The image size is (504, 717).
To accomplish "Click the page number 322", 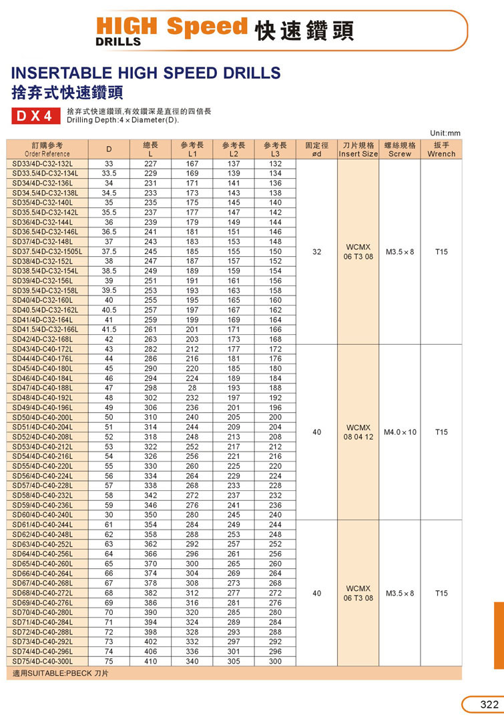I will coord(489,705).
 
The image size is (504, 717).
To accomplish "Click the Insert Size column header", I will coord(358,149).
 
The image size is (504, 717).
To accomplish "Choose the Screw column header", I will coord(400,149).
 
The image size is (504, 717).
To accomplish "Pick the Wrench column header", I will coord(441,149).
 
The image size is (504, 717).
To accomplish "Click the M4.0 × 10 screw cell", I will coord(400,432).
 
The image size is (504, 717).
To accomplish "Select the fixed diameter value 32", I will coord(316,251).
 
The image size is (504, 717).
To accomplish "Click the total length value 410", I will coord(150,661).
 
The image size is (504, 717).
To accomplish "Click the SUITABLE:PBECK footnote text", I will coord(61,674).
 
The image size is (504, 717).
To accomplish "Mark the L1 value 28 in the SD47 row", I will coord(192,388).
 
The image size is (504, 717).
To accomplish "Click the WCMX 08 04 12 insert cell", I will coord(358,432).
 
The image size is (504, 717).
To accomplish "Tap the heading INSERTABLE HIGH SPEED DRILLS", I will coord(146,73).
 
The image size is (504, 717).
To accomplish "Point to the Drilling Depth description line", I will coord(123,120).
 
